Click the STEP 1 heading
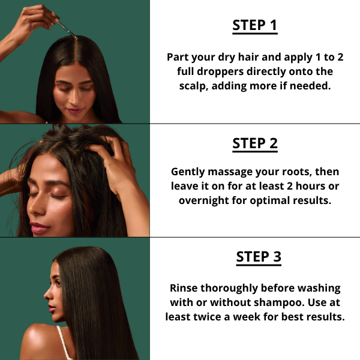coord(255,26)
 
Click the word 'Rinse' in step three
coord(185,288)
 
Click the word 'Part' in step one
coord(178,57)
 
